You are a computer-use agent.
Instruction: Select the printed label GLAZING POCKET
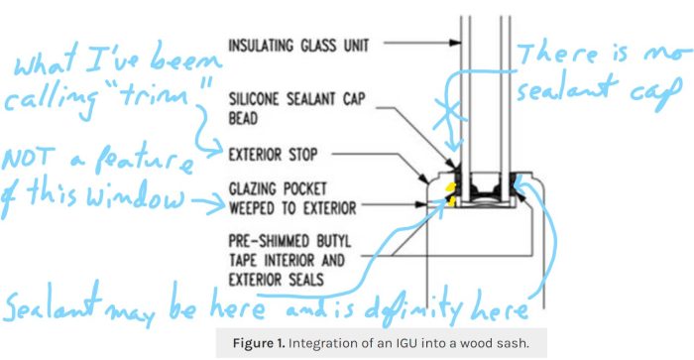[x=281, y=187]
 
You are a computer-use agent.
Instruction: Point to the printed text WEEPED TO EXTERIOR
[x=294, y=206]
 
